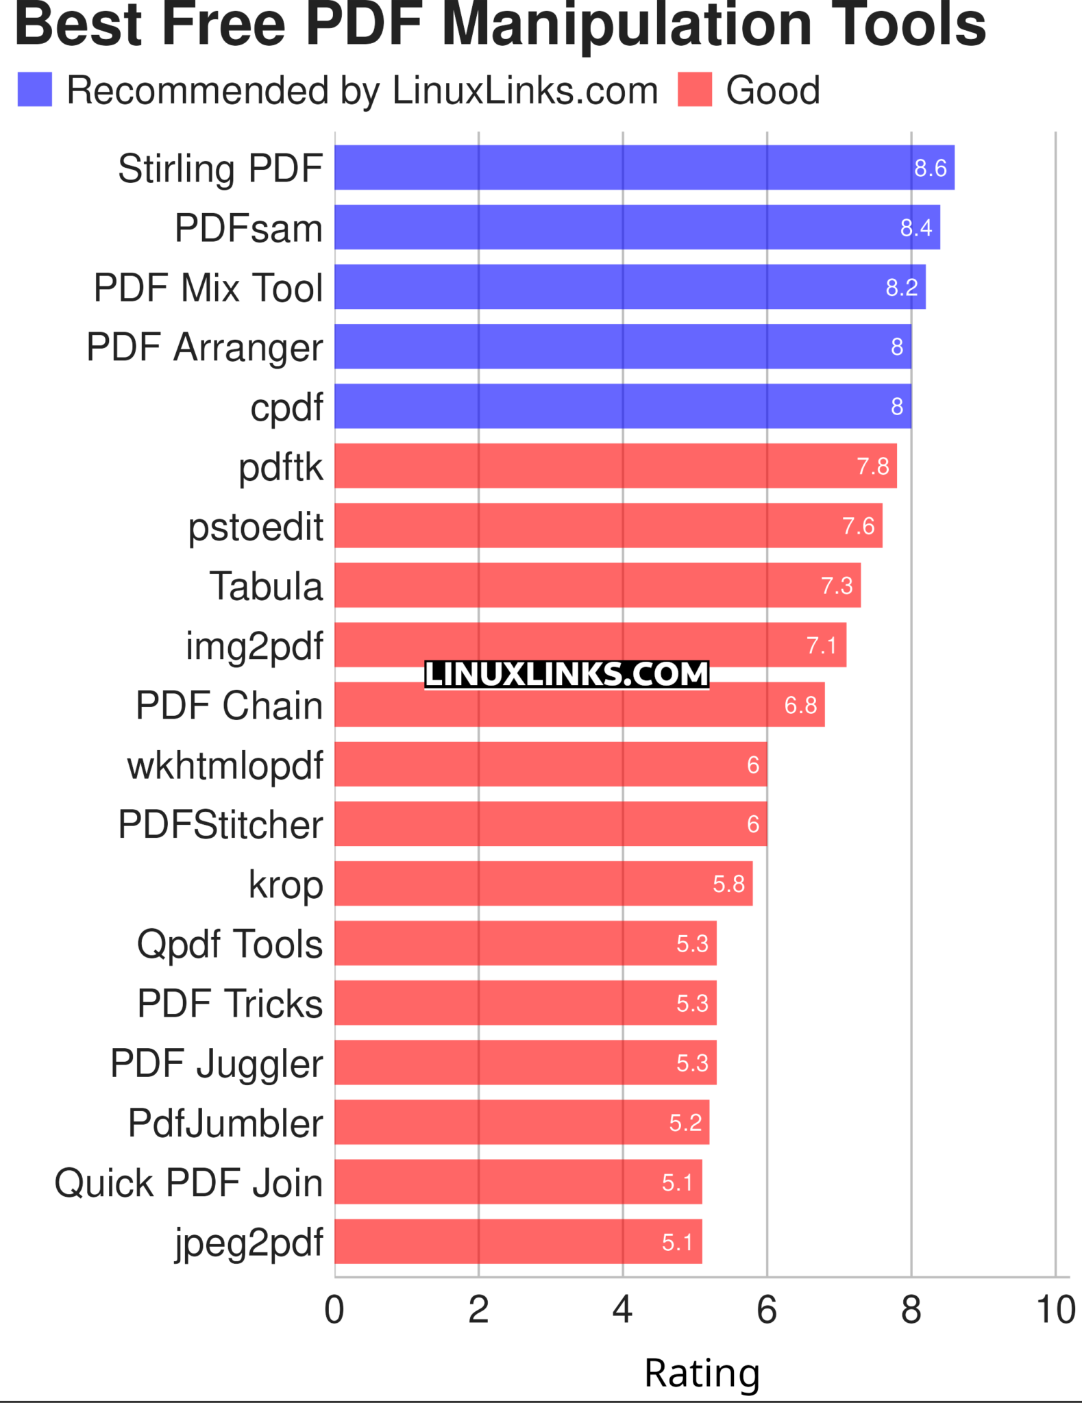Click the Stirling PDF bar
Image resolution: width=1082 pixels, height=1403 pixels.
click(x=644, y=167)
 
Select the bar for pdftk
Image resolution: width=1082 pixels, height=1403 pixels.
click(x=615, y=466)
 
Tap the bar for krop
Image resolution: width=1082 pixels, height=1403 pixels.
click(x=543, y=884)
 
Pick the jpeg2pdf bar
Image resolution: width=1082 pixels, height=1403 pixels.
click(x=518, y=1241)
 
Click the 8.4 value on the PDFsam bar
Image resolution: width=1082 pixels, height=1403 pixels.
click(x=915, y=227)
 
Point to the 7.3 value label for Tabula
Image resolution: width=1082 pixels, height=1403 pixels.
click(x=837, y=586)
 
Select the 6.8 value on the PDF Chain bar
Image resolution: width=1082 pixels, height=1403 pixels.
click(x=800, y=705)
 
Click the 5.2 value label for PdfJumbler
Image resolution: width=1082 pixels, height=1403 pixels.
click(x=685, y=1123)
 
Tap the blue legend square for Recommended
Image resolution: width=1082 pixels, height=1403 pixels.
click(x=34, y=90)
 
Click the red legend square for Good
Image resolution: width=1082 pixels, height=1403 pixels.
click(x=695, y=90)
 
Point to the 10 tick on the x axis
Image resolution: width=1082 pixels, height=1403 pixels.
click(x=1055, y=1310)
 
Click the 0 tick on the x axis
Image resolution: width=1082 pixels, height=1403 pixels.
click(x=334, y=1310)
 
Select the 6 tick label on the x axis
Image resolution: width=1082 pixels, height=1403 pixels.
click(x=767, y=1310)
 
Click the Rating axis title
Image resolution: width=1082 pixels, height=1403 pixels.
click(x=702, y=1373)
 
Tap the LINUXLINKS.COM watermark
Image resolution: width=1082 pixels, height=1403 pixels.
click(x=566, y=675)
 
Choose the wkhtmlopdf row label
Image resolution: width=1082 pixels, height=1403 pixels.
click(x=225, y=765)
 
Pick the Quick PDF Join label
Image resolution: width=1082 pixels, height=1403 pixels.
click(x=188, y=1183)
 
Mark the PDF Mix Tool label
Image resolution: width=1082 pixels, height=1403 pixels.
click(x=208, y=287)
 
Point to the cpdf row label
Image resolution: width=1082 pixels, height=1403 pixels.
click(x=286, y=407)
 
